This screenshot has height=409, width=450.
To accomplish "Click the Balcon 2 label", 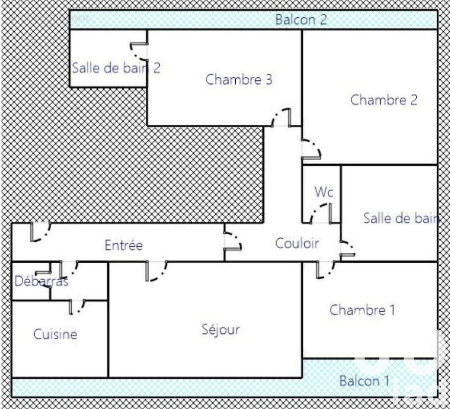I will (301, 20).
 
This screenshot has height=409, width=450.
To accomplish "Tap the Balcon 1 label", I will (365, 381).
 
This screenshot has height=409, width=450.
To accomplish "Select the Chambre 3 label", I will (239, 80).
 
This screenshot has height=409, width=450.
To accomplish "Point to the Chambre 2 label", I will (384, 100).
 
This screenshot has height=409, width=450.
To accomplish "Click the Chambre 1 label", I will (362, 310).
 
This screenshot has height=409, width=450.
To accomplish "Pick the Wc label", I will (324, 192).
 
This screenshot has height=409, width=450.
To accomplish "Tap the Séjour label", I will (220, 330).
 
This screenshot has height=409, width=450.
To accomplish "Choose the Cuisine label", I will (55, 334).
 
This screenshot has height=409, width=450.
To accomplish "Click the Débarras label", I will (41, 281).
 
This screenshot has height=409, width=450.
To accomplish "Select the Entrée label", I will (123, 245).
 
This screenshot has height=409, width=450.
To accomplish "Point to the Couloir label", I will (297, 243).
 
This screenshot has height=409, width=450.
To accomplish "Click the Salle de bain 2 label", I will (116, 68).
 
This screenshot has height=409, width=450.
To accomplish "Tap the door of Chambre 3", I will (282, 119).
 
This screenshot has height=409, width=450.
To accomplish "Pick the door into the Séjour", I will (156, 270).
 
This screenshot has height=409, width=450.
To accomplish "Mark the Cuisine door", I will (77, 307).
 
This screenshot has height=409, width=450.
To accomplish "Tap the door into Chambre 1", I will (326, 269).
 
